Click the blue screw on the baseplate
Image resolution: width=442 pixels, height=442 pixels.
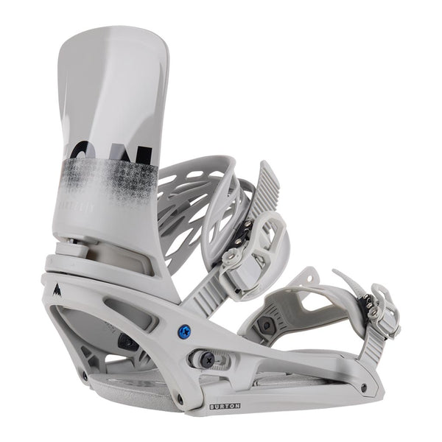[x=184, y=331]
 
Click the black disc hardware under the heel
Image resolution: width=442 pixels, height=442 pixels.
[x=127, y=342]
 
